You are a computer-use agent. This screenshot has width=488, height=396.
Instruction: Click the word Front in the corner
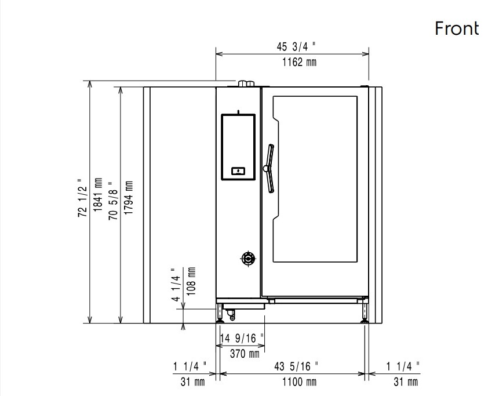[457, 28]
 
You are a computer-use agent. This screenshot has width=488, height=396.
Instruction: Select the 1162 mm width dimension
[299, 62]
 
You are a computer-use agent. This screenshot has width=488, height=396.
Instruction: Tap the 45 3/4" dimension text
[296, 46]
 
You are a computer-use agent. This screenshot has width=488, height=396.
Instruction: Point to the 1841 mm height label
[98, 195]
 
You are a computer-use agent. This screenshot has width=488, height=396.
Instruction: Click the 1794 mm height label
[128, 197]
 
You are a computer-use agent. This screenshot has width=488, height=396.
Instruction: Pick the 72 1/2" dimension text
[82, 198]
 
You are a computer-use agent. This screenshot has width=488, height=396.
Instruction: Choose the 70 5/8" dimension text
[113, 201]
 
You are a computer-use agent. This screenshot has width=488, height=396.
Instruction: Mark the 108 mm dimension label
[191, 281]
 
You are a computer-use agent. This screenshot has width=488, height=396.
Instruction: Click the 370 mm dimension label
[245, 354]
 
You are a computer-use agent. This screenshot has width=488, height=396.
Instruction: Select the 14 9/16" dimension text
[242, 338]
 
